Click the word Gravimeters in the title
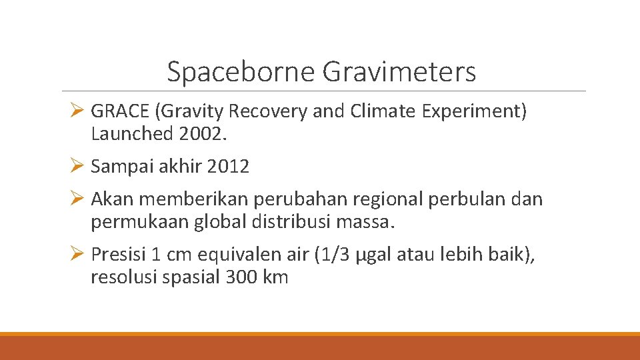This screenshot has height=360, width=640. [399, 72]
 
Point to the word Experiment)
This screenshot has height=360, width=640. [474, 111]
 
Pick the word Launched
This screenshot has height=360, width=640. [131, 134]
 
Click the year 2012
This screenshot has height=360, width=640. [228, 167]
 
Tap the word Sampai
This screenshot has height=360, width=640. [121, 167]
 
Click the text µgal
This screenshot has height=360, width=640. [377, 255]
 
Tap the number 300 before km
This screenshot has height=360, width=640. [241, 277]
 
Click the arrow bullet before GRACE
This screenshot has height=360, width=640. [75, 111]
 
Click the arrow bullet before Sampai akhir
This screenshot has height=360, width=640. [75, 167]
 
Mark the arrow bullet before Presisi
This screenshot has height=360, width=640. [75, 255]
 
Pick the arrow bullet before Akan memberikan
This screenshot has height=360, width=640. [75, 199]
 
